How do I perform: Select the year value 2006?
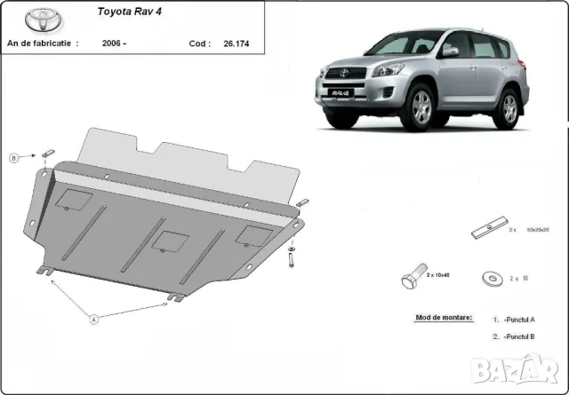113,43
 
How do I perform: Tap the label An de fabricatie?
42,43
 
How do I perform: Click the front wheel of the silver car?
420,107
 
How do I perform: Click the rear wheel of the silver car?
509,108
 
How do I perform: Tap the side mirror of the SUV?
452,51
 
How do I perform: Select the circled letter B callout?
13,159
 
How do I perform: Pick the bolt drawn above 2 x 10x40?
410,278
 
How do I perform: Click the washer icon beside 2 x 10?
490,278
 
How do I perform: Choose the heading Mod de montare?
444,318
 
